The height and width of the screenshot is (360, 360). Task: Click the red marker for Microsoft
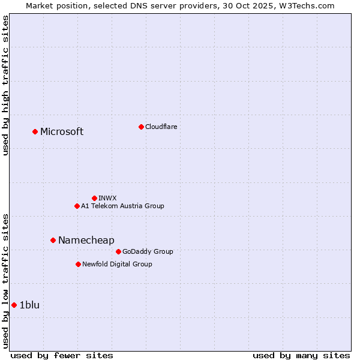35,131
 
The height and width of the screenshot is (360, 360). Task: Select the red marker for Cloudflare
141,127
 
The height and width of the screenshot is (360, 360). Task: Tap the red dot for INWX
94,198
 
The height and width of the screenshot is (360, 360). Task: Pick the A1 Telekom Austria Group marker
77,206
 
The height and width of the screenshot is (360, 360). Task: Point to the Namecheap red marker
53,240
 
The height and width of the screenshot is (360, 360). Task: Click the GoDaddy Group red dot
118,251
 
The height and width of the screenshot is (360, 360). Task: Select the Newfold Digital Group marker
78,264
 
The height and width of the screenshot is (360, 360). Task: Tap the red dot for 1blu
14,305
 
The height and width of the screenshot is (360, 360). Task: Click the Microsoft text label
62,132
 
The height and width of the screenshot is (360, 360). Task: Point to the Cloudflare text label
161,127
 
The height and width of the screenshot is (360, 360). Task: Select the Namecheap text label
86,241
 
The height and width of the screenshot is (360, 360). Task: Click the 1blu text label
29,305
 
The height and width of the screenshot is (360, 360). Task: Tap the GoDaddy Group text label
148,252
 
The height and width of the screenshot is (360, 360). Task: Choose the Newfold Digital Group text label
117,265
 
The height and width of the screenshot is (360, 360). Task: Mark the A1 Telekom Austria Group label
122,206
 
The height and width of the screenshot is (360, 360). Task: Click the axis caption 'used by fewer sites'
62,355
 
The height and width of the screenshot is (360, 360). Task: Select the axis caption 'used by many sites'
301,355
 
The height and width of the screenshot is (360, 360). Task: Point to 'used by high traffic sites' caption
5,85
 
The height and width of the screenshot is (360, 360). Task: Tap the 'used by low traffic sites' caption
5,280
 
